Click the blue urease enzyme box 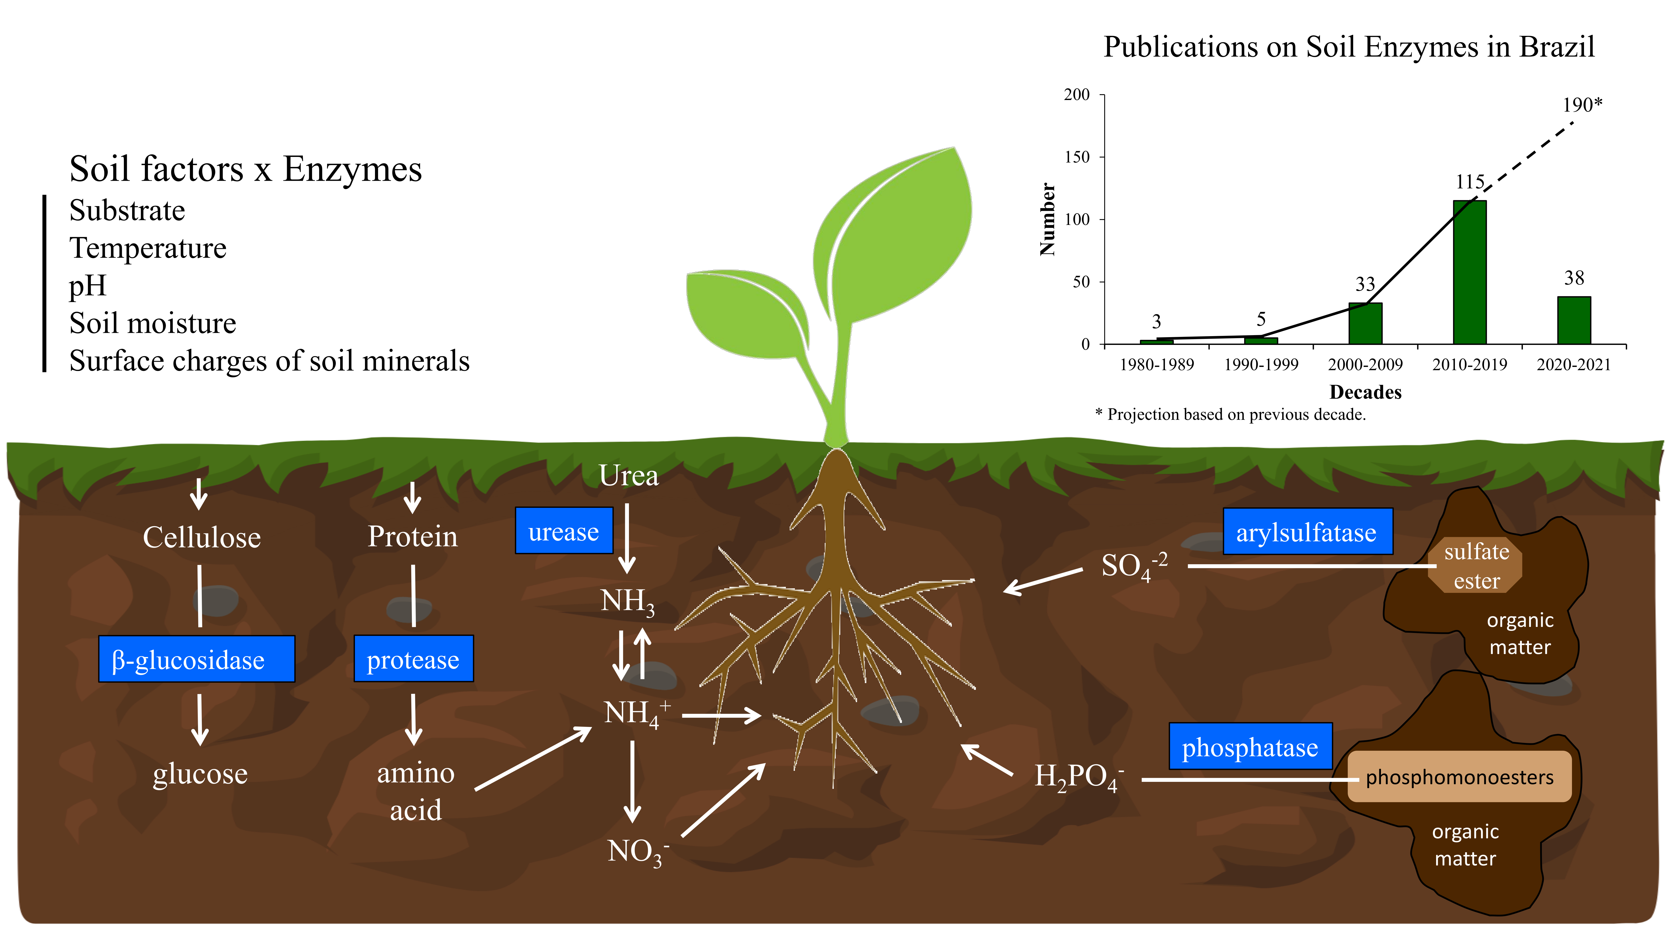[x=564, y=531]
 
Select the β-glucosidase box [x=197, y=659]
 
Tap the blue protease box [x=413, y=659]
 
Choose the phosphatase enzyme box [x=1250, y=747]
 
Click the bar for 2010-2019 [x=1469, y=272]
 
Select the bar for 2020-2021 [x=1574, y=320]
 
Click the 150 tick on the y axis [x=1077, y=157]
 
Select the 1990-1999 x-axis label [x=1261, y=364]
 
